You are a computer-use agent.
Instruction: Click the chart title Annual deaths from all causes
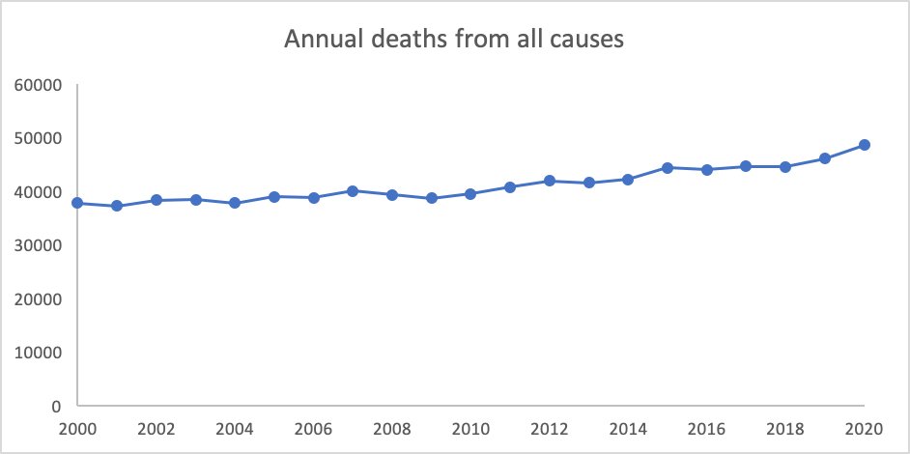454,41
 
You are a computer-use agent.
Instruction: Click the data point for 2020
865,145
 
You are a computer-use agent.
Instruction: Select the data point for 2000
77,203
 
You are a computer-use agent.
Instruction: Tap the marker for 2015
668,167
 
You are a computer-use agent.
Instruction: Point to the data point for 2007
353,190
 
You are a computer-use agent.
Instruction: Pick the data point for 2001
117,206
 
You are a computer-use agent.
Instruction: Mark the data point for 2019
825,158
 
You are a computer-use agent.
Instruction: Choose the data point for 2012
550,181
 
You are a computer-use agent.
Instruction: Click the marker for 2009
432,198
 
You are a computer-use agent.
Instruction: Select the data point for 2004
235,203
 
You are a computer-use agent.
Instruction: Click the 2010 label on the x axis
470,427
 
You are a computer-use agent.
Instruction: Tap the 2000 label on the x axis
77,427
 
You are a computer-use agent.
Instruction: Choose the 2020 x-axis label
865,427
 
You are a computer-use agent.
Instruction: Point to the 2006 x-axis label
313,427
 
